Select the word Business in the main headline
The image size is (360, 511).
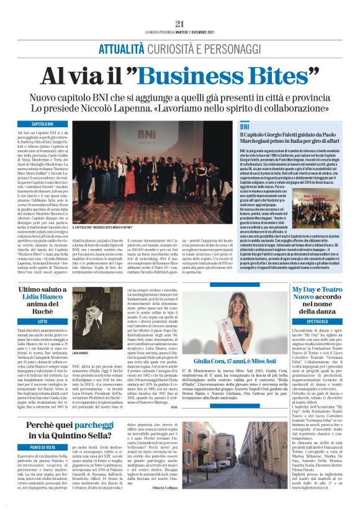coord(201,76)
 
